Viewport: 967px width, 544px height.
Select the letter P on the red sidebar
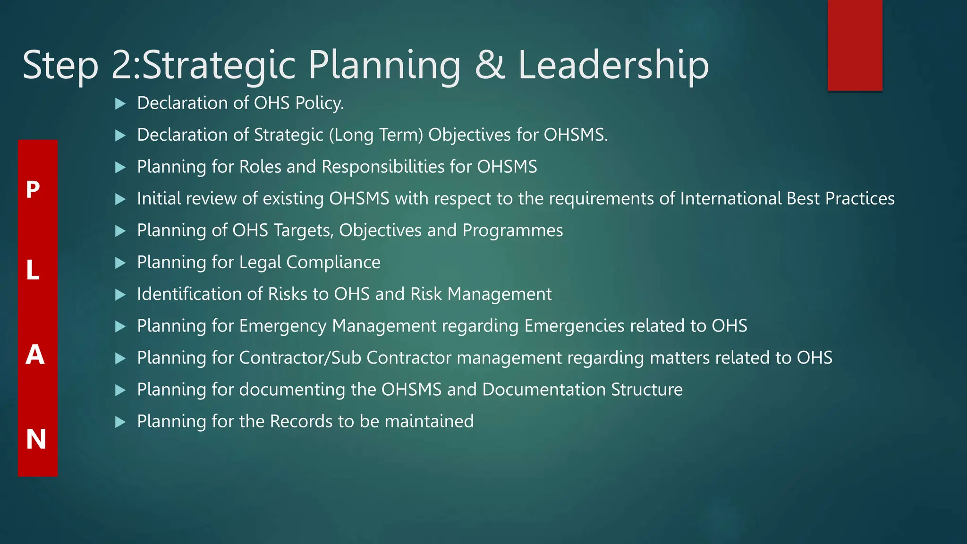click(33, 190)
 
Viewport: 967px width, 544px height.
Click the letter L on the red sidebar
click(33, 271)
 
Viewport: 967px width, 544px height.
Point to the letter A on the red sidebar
click(35, 355)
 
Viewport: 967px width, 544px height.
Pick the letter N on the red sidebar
click(36, 439)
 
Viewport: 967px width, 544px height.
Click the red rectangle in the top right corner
click(855, 45)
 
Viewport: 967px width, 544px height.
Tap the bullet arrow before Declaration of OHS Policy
click(120, 103)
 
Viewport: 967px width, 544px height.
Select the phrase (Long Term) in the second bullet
click(376, 135)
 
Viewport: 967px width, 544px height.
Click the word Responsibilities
click(396, 167)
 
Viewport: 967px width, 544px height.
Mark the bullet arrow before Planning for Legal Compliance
click(120, 263)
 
